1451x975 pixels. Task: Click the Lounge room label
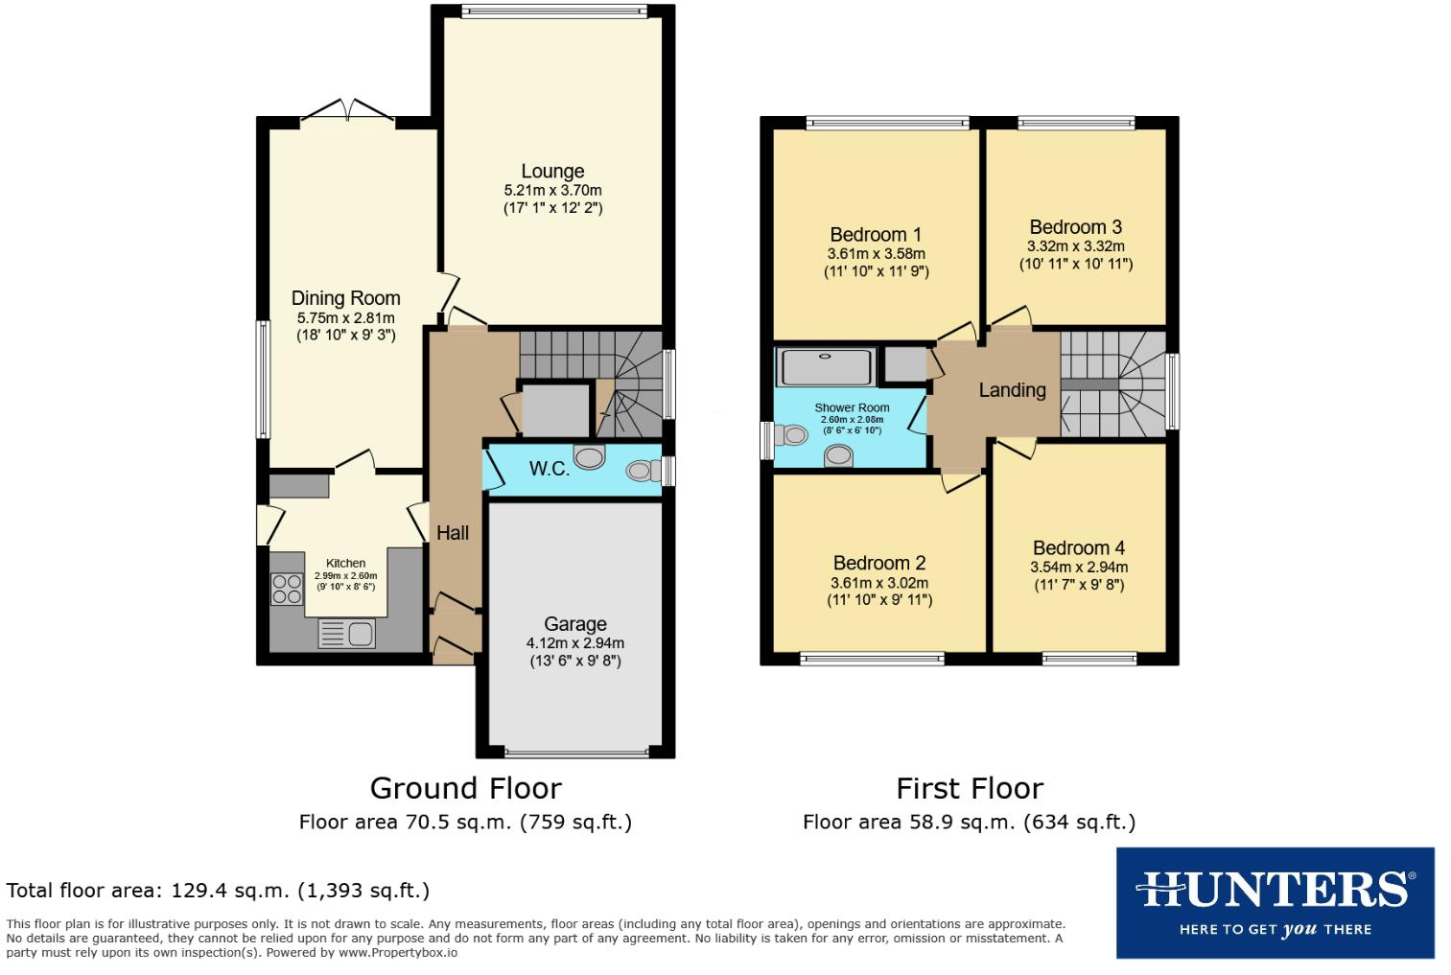click(x=552, y=172)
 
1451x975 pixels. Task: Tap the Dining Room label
click(x=345, y=298)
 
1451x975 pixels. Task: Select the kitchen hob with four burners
click(x=286, y=589)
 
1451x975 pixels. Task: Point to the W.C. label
click(x=549, y=469)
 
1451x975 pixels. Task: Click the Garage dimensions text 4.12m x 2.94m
click(x=574, y=643)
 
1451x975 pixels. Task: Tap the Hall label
click(x=453, y=533)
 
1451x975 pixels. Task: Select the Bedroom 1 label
click(x=876, y=235)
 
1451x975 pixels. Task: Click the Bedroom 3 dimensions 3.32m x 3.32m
click(x=1075, y=246)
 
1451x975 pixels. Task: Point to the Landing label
click(x=1012, y=390)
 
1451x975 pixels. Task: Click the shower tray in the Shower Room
click(x=826, y=366)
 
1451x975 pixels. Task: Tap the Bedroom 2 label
click(x=878, y=563)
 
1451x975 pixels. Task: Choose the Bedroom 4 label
click(x=1079, y=548)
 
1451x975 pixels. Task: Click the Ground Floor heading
click(x=465, y=788)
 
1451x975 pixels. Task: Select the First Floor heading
click(x=969, y=788)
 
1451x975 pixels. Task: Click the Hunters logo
click(x=1275, y=902)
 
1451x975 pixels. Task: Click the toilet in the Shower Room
click(x=792, y=436)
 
